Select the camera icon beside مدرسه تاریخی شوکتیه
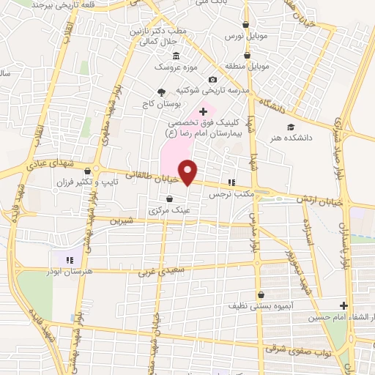pyautogui.click(x=212, y=79)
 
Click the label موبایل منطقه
pyautogui.click(x=248, y=66)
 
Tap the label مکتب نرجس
pyautogui.click(x=230, y=195)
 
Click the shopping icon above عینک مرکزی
pyautogui.click(x=170, y=198)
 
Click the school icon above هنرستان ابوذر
pyautogui.click(x=70, y=259)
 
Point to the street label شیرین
pyautogui.click(x=122, y=220)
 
